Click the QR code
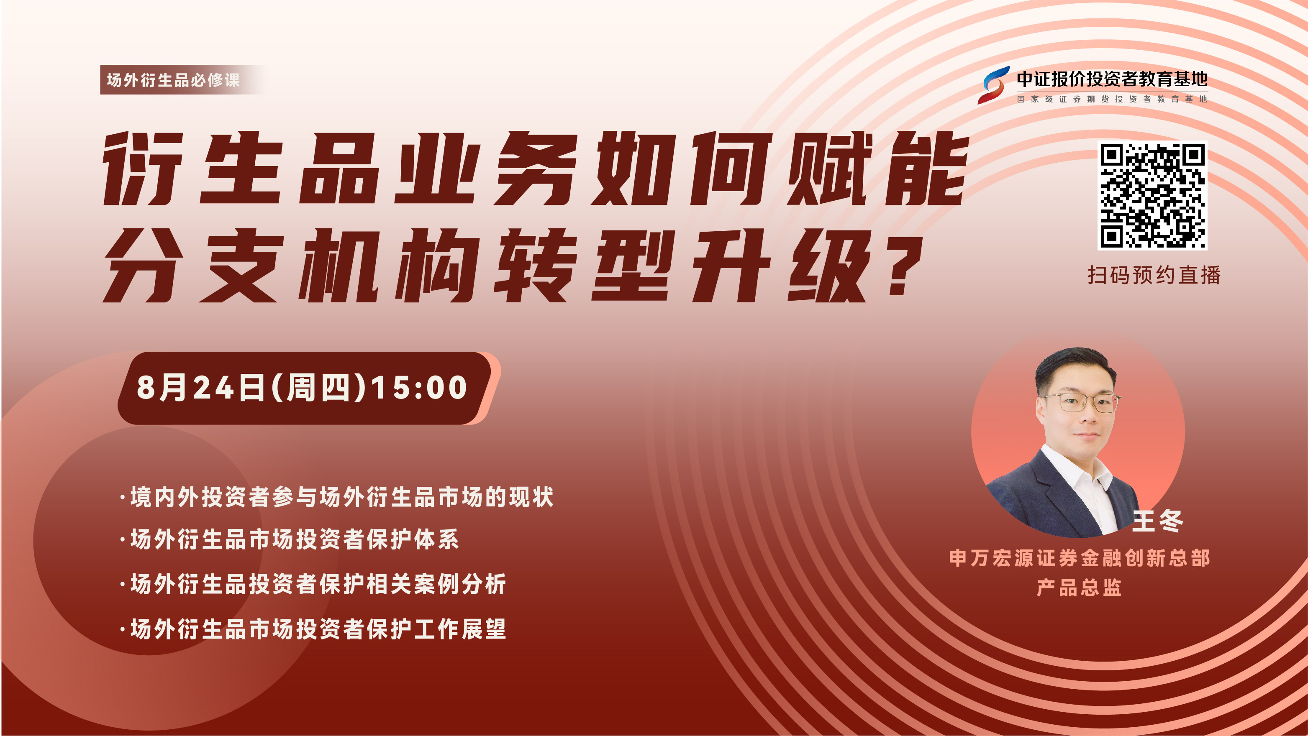coord(1152,195)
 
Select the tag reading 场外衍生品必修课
coord(173,80)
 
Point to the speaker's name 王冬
coord(1158,521)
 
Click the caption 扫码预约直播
coord(1154,275)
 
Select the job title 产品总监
coord(1079,587)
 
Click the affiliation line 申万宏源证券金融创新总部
coord(1080,558)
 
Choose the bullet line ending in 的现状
coord(337,496)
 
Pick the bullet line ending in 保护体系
coord(290,539)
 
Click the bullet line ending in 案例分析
coord(313,584)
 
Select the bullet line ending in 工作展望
coord(313,629)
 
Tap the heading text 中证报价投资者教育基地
coord(1112,79)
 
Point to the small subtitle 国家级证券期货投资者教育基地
coord(1112,99)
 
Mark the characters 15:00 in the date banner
coord(419,388)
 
